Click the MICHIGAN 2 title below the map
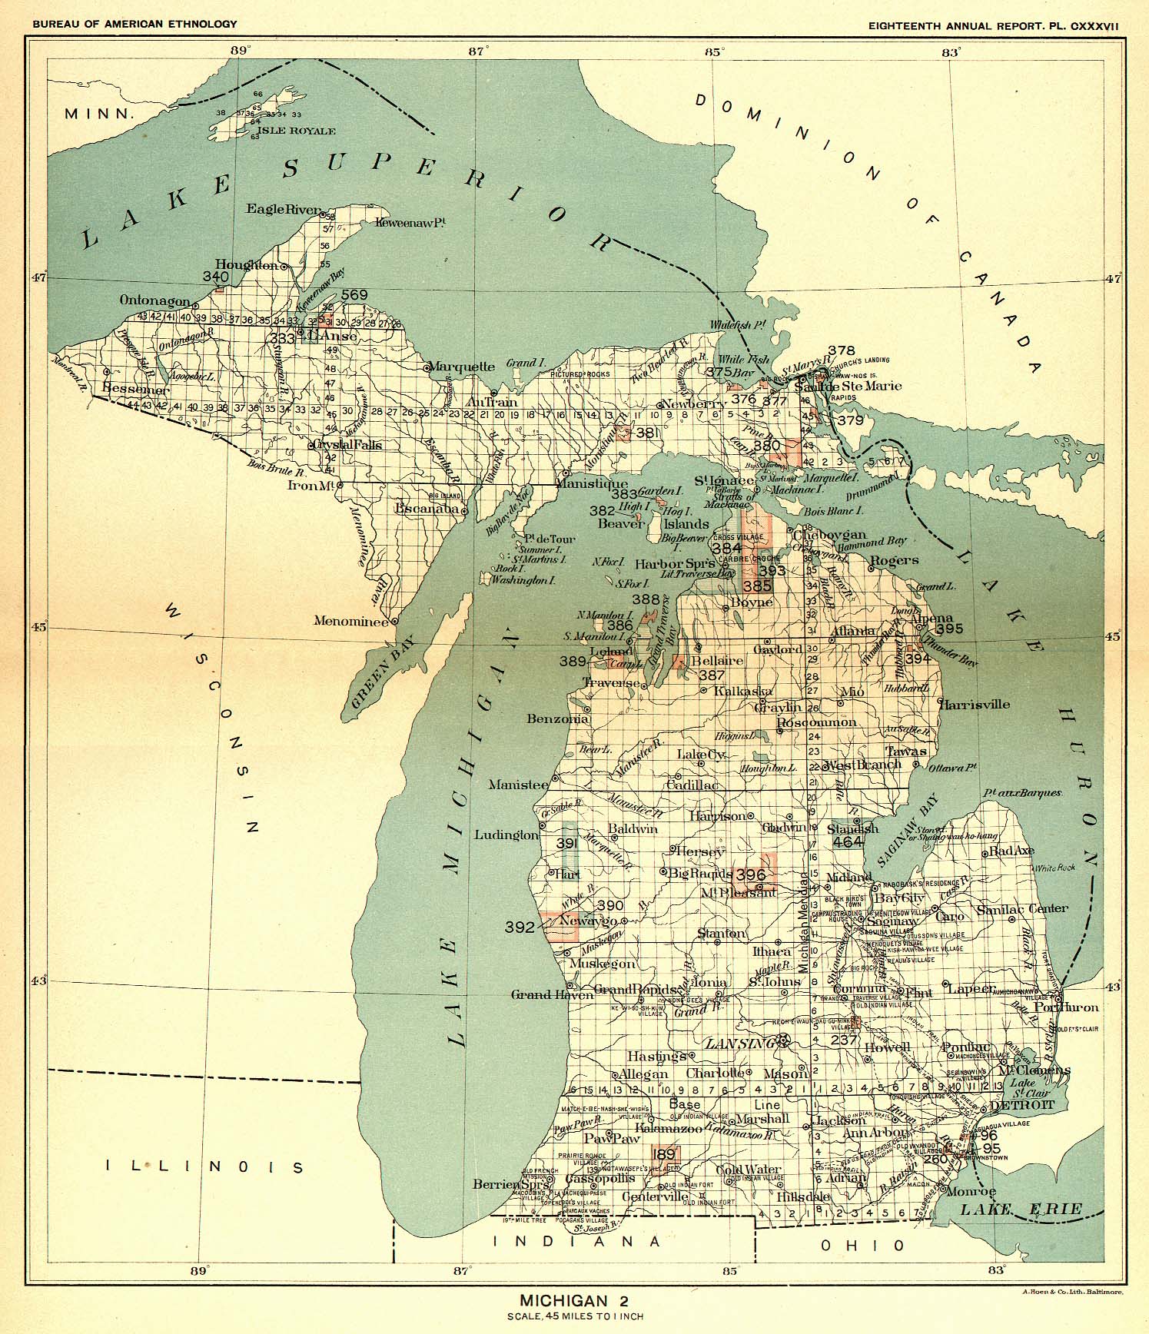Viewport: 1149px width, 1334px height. (x=574, y=1301)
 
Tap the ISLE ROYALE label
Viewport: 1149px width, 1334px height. (x=296, y=131)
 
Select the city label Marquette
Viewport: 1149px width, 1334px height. (x=461, y=367)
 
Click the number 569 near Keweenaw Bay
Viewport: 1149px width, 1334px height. (x=354, y=294)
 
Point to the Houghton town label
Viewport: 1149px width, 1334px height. (x=246, y=265)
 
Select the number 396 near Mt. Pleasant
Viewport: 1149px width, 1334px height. (x=750, y=874)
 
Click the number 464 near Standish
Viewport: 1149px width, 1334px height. (x=848, y=841)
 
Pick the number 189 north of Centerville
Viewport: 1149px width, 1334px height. (x=663, y=1154)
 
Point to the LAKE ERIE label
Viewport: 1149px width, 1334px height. (x=1021, y=1210)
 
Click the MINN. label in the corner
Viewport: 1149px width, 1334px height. (x=99, y=114)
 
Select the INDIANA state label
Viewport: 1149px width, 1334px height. (x=576, y=1241)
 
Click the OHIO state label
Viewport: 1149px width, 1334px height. (x=862, y=1246)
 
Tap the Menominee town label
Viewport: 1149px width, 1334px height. (x=350, y=621)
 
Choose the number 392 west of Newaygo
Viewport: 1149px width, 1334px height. (x=520, y=927)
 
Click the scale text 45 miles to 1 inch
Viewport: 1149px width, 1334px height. (x=574, y=1316)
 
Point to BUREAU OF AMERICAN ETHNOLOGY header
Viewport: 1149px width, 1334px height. (x=134, y=25)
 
